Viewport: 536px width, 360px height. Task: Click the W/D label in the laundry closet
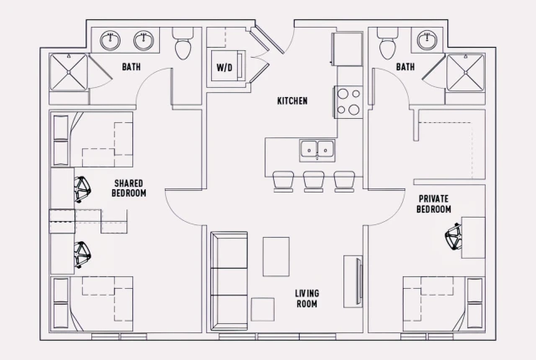pos(224,66)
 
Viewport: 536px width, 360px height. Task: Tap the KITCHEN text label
pos(292,101)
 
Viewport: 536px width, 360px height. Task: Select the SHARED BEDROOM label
pos(129,188)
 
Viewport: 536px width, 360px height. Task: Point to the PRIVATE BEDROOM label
pos(435,203)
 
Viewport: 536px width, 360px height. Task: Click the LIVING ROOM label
pos(307,299)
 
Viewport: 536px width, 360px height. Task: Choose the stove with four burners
pos(348,102)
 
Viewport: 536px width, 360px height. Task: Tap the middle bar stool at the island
pos(314,179)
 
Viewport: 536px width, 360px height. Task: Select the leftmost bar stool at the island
pos(282,179)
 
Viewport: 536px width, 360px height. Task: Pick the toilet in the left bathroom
pos(183,47)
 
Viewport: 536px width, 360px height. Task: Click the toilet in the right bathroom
pos(387,47)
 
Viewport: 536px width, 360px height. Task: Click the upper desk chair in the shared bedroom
pos(83,189)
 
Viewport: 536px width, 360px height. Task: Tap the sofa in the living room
pos(228,275)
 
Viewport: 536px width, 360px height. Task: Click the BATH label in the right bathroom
pos(405,66)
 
